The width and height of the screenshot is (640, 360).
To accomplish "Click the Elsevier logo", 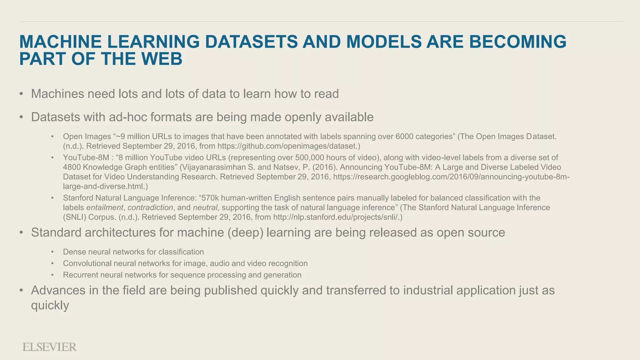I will click(49, 347).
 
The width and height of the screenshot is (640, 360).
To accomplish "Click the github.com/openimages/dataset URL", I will click(287, 146).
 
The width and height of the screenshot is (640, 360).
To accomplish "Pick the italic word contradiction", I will click(150, 207).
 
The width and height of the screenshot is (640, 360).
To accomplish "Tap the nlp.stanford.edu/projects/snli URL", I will click(336, 217).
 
